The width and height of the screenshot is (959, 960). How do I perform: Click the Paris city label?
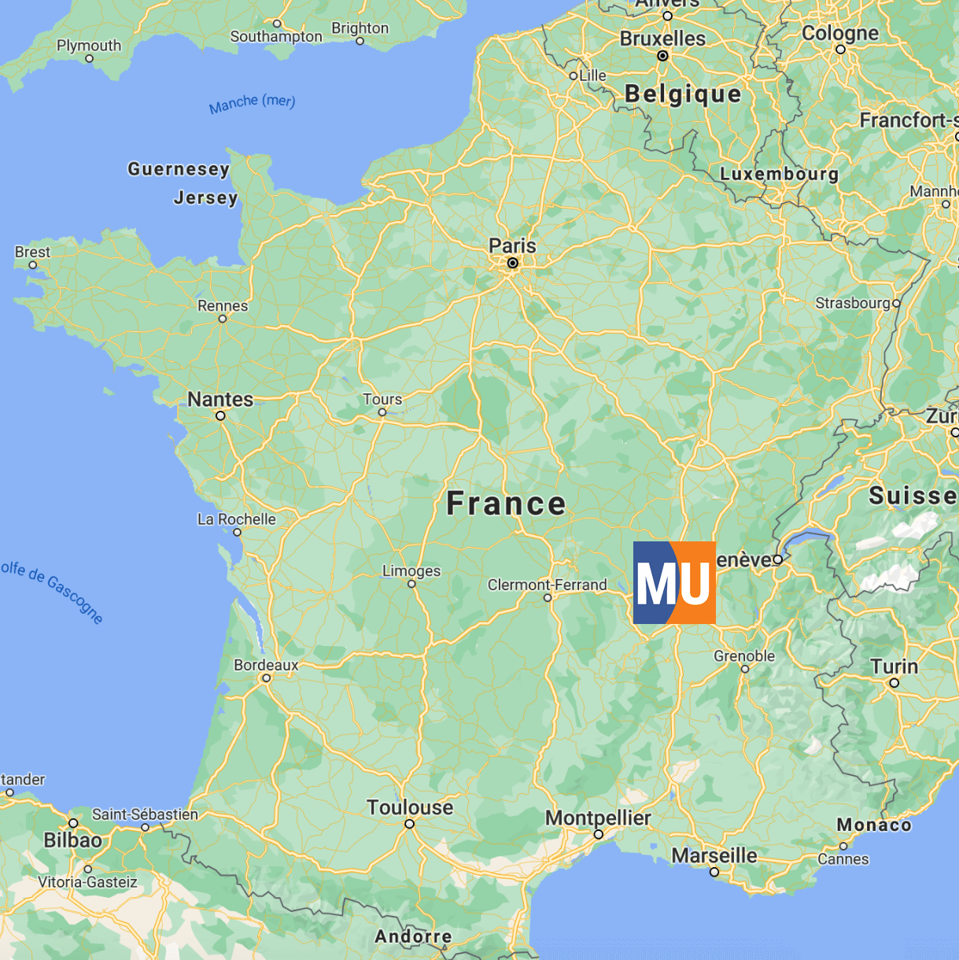pos(512,246)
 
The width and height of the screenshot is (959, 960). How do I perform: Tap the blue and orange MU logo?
pos(674,583)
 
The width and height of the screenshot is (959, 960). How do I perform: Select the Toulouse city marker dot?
pos(409,824)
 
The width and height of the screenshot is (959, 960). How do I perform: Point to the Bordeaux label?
pos(266,665)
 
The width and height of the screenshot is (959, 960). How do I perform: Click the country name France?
pos(506,504)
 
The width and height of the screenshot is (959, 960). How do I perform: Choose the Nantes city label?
pos(220,399)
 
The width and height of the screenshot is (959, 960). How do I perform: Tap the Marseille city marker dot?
pos(714,872)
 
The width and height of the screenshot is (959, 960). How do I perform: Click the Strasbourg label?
pos(853,303)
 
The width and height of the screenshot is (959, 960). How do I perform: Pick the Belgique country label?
pos(683,94)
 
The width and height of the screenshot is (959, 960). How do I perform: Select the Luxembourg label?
pos(779,174)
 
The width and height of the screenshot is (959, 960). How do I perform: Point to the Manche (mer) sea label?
pos(252,103)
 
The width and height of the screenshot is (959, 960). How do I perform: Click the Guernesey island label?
pos(179,169)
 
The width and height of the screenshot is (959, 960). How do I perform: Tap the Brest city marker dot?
pos(33,265)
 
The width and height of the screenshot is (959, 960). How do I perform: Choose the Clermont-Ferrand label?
pos(547,585)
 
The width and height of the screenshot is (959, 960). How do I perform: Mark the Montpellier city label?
pos(598,818)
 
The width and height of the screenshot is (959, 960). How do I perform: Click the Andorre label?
pos(413,936)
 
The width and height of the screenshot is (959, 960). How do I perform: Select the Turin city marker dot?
pos(894,683)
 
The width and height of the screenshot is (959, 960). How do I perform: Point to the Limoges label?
pos(411,570)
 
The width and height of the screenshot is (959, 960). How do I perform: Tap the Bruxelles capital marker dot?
pos(662,56)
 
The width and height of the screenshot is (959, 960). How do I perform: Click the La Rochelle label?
pos(236,519)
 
